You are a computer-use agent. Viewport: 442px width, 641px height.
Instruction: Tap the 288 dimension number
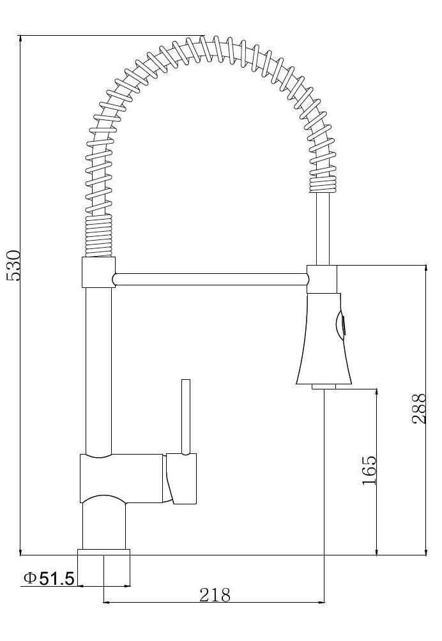(419, 409)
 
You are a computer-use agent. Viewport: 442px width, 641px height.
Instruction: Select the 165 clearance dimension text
(369, 470)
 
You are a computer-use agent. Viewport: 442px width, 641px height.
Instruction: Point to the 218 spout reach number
(215, 595)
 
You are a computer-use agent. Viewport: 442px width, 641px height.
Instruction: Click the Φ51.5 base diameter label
(49, 578)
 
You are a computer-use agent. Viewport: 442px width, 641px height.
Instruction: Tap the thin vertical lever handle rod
(186, 416)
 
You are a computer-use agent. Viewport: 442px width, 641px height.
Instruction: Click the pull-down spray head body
(323, 338)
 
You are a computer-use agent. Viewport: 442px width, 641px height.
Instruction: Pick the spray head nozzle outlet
(323, 386)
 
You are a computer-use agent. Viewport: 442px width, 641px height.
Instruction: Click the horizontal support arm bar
(210, 279)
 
